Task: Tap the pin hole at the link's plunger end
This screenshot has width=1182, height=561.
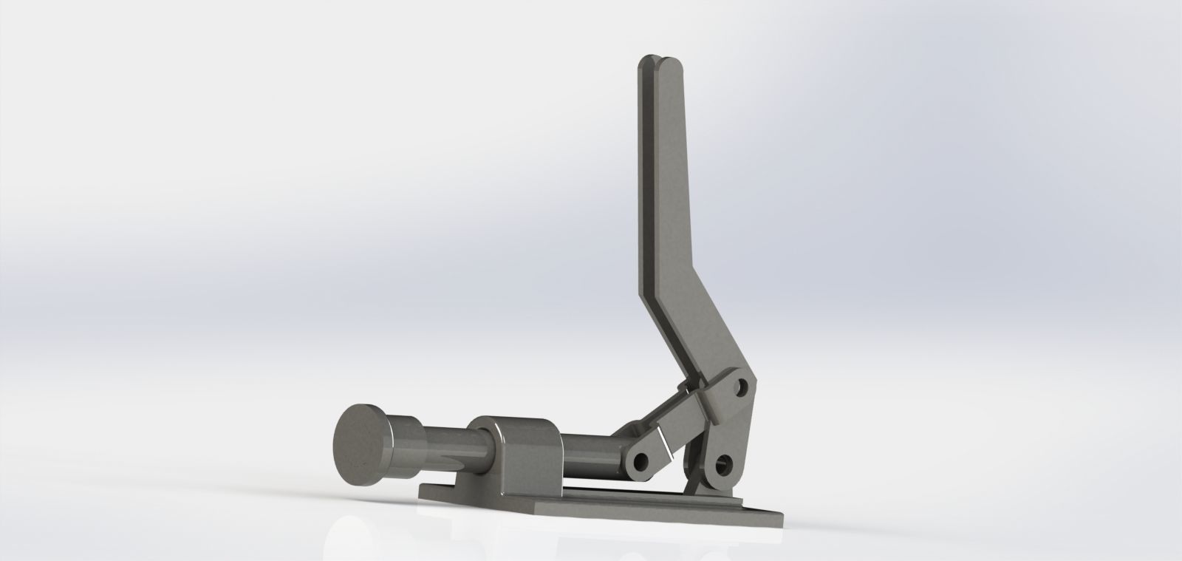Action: tap(640, 462)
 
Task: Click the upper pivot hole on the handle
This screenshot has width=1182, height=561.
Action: tap(741, 387)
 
